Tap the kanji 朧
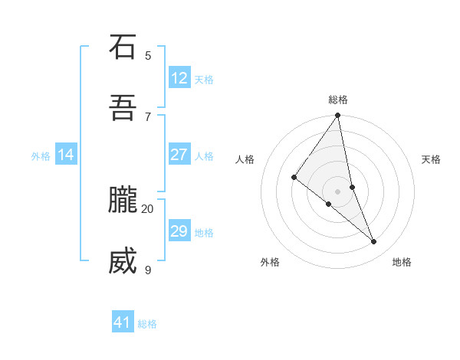(123, 200)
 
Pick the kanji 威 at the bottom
(123, 261)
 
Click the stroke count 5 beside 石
(148, 55)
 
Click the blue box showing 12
(179, 78)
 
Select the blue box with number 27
(179, 155)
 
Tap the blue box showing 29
(179, 231)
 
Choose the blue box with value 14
(66, 155)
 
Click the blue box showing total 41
(123, 322)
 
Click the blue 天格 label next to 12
(204, 79)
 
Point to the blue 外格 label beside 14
(41, 155)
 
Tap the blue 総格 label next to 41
(147, 323)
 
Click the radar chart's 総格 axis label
(338, 100)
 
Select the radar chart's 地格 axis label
(402, 262)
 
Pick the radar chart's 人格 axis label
(245, 159)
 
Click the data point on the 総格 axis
(338, 116)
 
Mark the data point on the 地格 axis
(374, 241)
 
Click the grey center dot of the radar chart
(338, 191)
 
